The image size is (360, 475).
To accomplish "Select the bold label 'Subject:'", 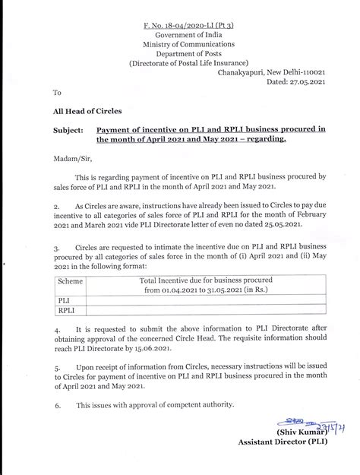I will click(68, 130).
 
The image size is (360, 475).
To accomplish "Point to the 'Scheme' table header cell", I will click(71, 280).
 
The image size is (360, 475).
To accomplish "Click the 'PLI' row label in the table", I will click(65, 300).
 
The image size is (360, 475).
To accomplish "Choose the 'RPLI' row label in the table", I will click(67, 310).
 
